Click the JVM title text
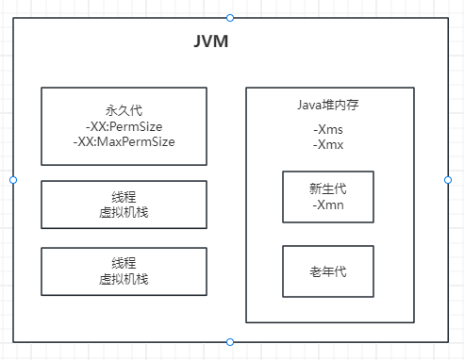coord(210,43)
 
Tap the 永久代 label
coord(124,109)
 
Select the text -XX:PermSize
coord(124,124)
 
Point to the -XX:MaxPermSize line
coord(124,140)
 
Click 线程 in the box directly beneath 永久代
coord(124,197)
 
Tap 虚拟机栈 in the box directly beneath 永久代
coord(124,212)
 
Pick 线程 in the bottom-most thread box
coord(124,265)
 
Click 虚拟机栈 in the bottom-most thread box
coord(124,280)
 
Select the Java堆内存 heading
coord(328,105)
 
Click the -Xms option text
coord(328,129)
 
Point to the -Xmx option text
coord(328,144)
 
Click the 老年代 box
coord(328,271)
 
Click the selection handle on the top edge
coord(230,17)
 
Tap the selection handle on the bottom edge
coord(230,341)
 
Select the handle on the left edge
coord(13,179)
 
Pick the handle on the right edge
coord(447,179)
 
